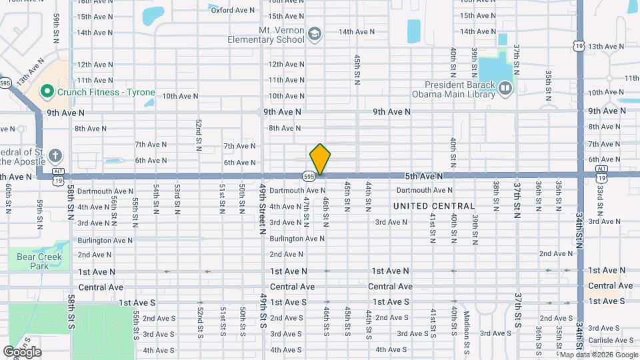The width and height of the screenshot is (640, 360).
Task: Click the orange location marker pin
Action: [320, 159]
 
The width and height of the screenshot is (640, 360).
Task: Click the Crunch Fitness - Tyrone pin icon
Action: [47, 92]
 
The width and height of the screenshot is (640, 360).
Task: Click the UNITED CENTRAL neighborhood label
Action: [434, 206]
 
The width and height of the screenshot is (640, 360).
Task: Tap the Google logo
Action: [21, 352]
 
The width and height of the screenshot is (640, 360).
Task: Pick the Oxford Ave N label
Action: [233, 10]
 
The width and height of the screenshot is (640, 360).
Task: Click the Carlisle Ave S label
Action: [611, 340]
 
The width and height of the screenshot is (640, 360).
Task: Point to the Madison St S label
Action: [467, 324]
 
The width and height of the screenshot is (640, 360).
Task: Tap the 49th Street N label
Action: [263, 209]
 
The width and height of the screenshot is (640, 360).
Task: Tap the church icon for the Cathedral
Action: [55, 156]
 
